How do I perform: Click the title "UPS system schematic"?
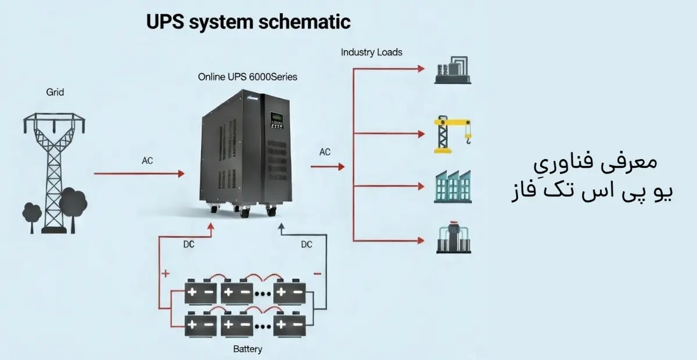(248, 22)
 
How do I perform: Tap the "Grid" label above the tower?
(55, 92)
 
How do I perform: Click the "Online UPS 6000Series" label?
(247, 76)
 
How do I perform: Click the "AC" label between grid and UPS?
(148, 160)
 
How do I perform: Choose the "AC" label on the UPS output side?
(325, 152)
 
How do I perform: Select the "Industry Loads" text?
(372, 52)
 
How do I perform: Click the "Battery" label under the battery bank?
(247, 349)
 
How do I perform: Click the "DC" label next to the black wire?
(307, 244)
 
